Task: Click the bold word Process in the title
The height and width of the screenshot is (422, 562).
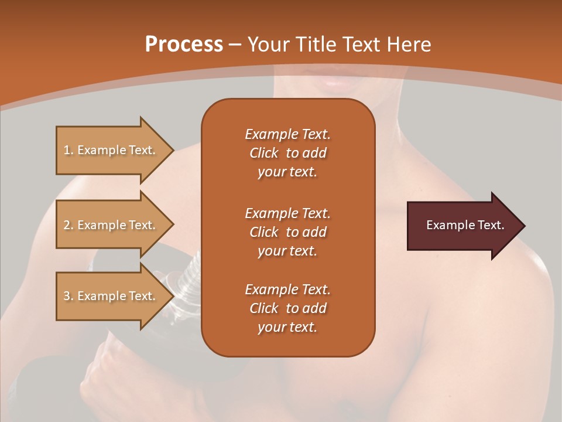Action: [184, 45]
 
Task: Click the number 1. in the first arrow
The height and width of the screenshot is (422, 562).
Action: [68, 150]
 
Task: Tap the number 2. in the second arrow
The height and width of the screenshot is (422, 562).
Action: [68, 225]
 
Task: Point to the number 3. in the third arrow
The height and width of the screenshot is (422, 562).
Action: [68, 296]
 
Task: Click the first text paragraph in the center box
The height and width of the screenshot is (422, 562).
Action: [287, 153]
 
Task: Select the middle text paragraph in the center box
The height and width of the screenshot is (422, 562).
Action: [287, 232]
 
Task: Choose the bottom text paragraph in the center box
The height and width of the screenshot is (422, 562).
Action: [287, 308]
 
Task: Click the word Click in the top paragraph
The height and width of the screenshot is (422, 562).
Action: [264, 153]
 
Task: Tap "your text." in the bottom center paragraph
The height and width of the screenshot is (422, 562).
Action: [287, 327]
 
